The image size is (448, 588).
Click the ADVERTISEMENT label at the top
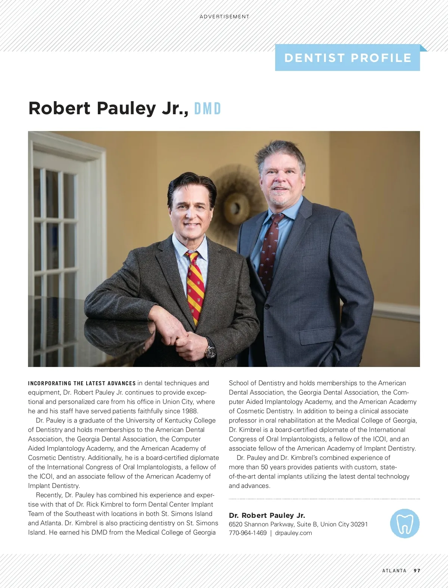224,17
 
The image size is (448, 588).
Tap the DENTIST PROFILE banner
348,58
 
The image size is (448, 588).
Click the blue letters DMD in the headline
208,109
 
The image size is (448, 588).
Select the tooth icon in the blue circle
405,523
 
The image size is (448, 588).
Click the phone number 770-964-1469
248,533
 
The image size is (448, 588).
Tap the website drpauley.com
293,533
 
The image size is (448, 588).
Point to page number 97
417,570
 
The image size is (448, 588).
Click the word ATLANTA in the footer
394,570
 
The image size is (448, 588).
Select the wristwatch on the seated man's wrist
211,351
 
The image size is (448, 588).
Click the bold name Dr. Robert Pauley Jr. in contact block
267,515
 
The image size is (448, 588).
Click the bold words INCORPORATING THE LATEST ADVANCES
82,383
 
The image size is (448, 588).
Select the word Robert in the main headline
59,108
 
